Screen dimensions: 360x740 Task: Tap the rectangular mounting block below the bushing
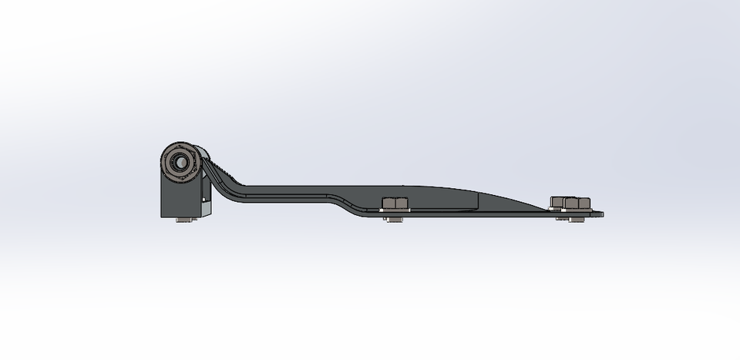click(x=177, y=200)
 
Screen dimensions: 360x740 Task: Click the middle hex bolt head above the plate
click(x=395, y=203)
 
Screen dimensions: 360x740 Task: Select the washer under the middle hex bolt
click(x=395, y=210)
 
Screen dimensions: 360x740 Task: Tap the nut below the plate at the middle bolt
click(x=394, y=220)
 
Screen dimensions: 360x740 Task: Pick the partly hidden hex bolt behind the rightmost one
click(x=557, y=202)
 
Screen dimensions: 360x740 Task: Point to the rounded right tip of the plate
click(x=600, y=214)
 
